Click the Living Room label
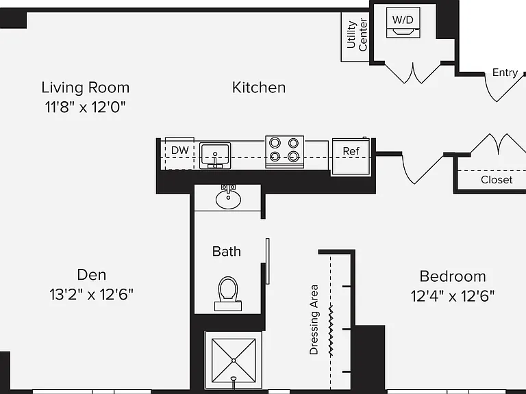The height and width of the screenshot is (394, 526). coord(85,88)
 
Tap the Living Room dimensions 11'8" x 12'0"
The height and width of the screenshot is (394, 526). coord(85,107)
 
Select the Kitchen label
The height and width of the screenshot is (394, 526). coord(259,88)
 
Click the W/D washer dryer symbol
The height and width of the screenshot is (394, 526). coord(403,23)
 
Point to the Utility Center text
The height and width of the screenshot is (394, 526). coord(358,35)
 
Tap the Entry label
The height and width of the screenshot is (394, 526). coord(505,73)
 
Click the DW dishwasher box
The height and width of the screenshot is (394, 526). coord(179,153)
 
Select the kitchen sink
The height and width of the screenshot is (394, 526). coord(215,155)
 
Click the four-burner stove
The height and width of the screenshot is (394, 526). coord(284,151)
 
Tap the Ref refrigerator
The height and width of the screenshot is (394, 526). coord(351,157)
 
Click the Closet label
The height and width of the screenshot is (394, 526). coord(497,180)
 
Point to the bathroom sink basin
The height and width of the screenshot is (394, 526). coord(228,199)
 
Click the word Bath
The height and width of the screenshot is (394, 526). coord(227,252)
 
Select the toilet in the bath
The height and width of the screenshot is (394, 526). coord(228,293)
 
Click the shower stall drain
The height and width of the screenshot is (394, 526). coord(234,360)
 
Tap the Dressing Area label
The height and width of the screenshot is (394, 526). coord(314,319)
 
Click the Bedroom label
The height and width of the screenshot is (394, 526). coord(453,277)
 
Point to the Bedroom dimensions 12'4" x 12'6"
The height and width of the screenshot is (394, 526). coord(453,296)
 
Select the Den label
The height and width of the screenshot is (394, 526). coord(92,275)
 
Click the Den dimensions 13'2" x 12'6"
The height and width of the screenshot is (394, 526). coord(91,295)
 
